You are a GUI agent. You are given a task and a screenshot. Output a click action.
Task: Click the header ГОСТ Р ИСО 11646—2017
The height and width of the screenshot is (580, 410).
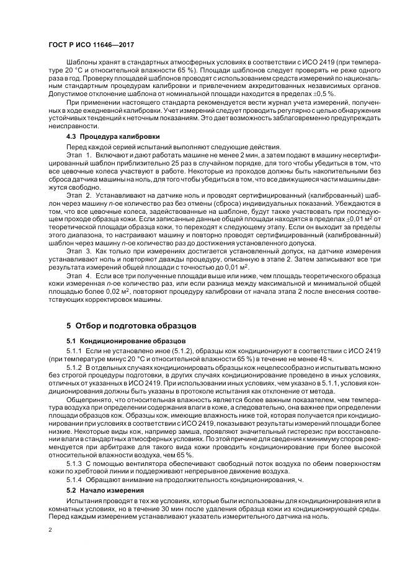pos(91,45)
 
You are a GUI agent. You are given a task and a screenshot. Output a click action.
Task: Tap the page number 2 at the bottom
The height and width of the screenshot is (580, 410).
pos(50,530)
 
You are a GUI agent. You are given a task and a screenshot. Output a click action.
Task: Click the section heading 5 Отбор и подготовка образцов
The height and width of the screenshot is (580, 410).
pos(131,324)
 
